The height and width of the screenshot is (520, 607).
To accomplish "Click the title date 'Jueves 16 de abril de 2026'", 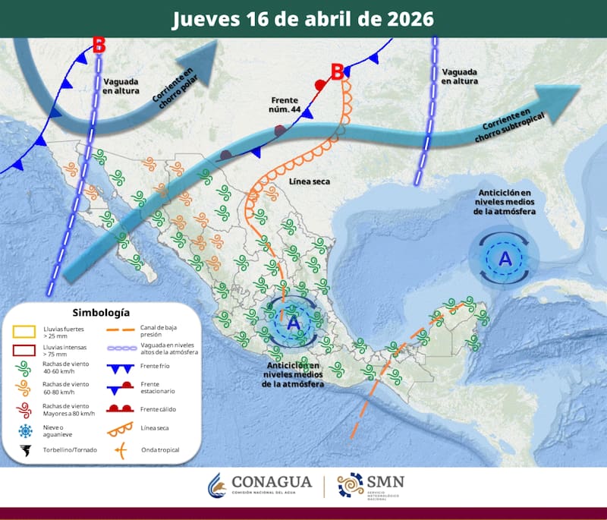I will coord(303,17).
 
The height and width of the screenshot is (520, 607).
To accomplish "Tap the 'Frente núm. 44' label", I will coord(285,105).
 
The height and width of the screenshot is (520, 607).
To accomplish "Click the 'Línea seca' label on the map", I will coord(309,182).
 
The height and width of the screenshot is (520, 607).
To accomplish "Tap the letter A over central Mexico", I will coord(294,323).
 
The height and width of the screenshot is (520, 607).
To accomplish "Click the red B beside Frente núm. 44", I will coord(338,72).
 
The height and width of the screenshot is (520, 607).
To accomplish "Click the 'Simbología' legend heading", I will coord(101,312).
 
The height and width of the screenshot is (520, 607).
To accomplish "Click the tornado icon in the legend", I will coord(26,452).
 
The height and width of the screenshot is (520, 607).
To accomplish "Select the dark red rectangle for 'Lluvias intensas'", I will coord(26,351).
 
